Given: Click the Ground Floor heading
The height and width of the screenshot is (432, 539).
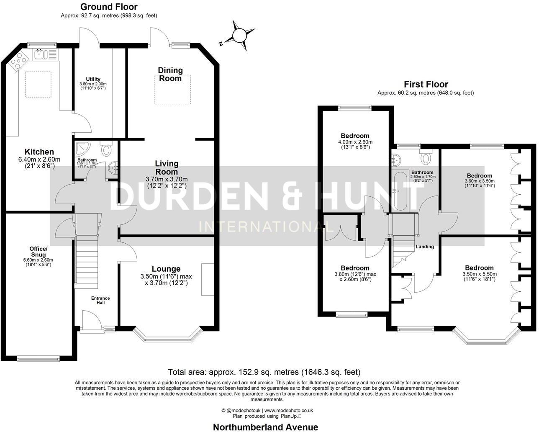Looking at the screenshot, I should click(109, 7).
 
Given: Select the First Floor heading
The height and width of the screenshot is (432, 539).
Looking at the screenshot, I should click(426, 84).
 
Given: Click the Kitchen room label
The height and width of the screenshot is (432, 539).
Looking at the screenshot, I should click(39, 152).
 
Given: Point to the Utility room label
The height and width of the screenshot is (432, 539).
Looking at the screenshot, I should click(93, 79).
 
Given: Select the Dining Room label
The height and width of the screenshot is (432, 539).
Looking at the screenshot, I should click(170, 74).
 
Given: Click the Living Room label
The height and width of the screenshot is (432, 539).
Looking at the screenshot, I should click(167, 167).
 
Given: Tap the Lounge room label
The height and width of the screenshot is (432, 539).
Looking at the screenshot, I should click(166, 269).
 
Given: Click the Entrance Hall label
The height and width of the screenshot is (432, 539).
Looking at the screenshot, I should click(100, 300).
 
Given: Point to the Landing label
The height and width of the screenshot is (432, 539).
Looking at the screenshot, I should click(425, 247).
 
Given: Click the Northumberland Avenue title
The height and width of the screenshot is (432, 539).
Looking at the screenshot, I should click(265, 427).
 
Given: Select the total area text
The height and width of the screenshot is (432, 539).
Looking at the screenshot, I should click(264, 372).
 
